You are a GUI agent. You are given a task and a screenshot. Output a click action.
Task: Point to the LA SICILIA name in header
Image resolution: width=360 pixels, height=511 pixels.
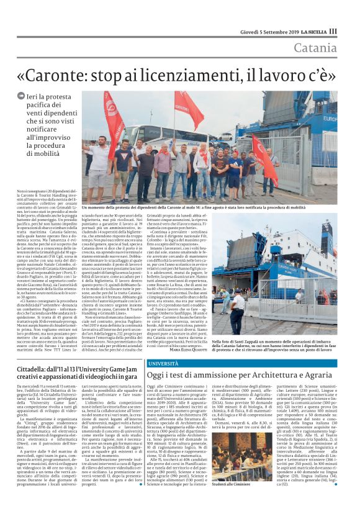[x=314, y=31]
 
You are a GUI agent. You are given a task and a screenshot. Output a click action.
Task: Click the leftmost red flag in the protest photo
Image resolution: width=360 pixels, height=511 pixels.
[x=113, y=118]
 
